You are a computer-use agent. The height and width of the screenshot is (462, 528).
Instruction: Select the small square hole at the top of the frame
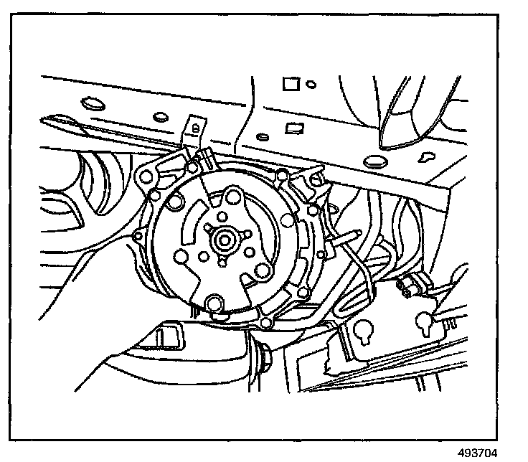[290, 84]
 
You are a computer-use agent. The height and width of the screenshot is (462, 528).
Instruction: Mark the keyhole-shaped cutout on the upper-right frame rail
[428, 154]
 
